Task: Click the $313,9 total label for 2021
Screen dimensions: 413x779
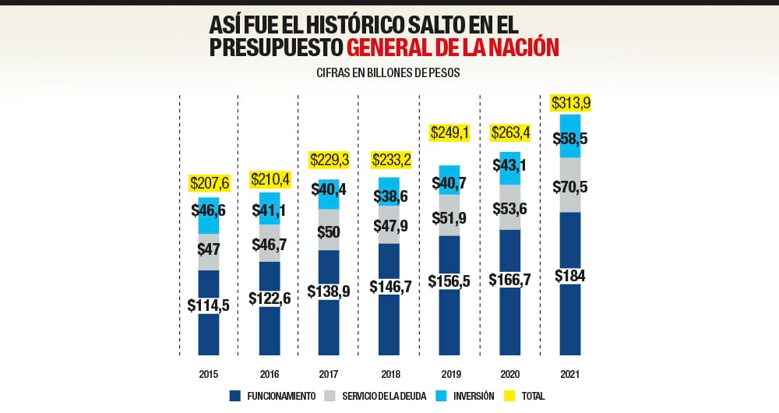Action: (x=569, y=103)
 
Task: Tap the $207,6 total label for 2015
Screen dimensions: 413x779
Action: (x=209, y=183)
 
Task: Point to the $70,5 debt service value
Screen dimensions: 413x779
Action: (x=569, y=187)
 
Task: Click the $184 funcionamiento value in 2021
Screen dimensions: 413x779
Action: (x=569, y=276)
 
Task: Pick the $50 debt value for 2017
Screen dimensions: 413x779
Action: (x=329, y=231)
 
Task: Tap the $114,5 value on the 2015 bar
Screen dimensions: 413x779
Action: (x=209, y=305)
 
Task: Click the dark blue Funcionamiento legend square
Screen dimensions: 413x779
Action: (x=235, y=396)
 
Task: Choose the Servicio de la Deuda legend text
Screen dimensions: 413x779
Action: (x=384, y=396)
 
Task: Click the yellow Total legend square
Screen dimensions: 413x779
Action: (x=510, y=396)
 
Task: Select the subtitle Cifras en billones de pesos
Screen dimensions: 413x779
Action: (x=389, y=72)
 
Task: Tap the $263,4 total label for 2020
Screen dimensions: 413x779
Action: (x=509, y=133)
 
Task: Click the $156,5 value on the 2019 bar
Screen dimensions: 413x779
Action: (x=449, y=281)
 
